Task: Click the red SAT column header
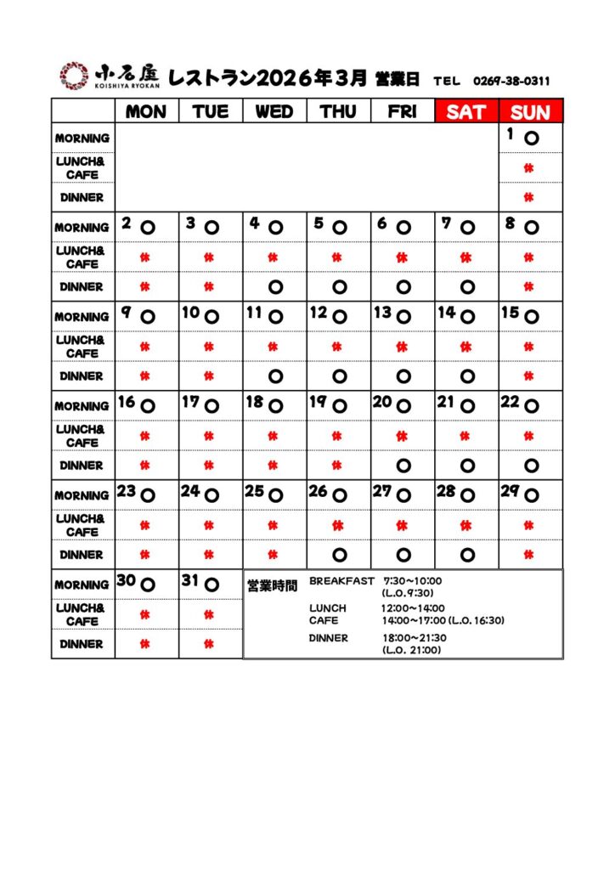(x=466, y=112)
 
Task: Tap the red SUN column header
(x=530, y=112)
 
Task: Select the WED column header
(x=274, y=112)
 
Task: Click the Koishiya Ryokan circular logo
(x=73, y=75)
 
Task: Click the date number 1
(x=511, y=133)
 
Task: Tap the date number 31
(x=189, y=581)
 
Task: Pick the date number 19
(x=319, y=402)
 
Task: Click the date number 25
(x=255, y=491)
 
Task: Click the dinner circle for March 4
(x=274, y=287)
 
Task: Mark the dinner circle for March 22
(x=531, y=466)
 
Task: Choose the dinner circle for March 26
(x=339, y=555)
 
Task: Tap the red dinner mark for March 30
(x=145, y=644)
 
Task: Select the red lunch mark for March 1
(x=529, y=168)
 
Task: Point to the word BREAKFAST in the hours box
(x=341, y=581)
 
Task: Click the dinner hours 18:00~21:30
(x=415, y=638)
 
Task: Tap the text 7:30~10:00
(x=413, y=581)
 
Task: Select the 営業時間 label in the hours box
(x=272, y=585)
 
